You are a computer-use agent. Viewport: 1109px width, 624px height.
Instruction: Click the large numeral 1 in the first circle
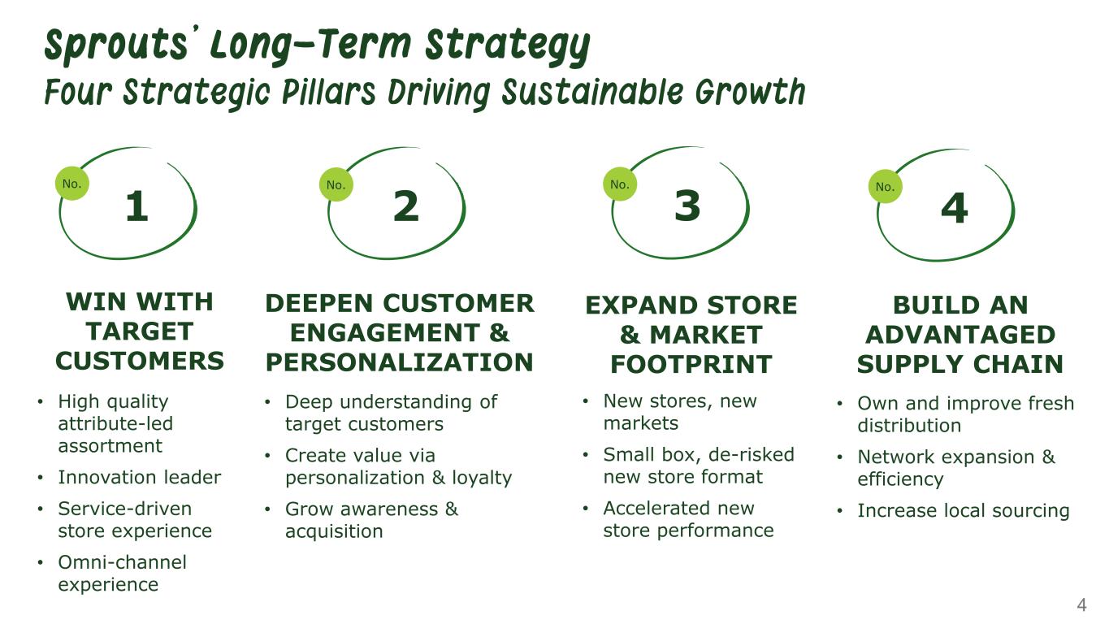137,206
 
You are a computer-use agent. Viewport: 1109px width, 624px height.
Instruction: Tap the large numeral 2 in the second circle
406,206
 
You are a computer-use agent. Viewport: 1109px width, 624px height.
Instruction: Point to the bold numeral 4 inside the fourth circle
955,208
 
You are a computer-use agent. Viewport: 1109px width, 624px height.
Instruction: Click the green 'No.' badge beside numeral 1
72,184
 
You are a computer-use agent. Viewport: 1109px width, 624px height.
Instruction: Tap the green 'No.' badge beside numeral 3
620,184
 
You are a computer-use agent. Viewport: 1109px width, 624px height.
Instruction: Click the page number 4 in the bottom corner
1081,604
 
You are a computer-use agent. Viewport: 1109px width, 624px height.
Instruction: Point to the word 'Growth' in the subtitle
750,92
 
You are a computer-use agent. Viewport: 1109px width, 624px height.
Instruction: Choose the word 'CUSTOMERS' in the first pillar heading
140,361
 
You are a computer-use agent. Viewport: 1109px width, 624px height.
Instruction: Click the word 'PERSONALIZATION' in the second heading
400,362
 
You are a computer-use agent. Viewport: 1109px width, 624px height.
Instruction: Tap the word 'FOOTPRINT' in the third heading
691,364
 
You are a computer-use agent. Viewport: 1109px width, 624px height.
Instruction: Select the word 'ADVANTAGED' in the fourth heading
960,334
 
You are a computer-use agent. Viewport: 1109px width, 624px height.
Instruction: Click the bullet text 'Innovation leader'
140,478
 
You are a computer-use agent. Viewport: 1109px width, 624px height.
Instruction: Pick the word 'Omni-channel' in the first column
123,562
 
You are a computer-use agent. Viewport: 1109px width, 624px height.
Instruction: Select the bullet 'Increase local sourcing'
964,510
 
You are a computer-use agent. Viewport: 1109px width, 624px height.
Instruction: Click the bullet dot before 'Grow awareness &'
267,509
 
